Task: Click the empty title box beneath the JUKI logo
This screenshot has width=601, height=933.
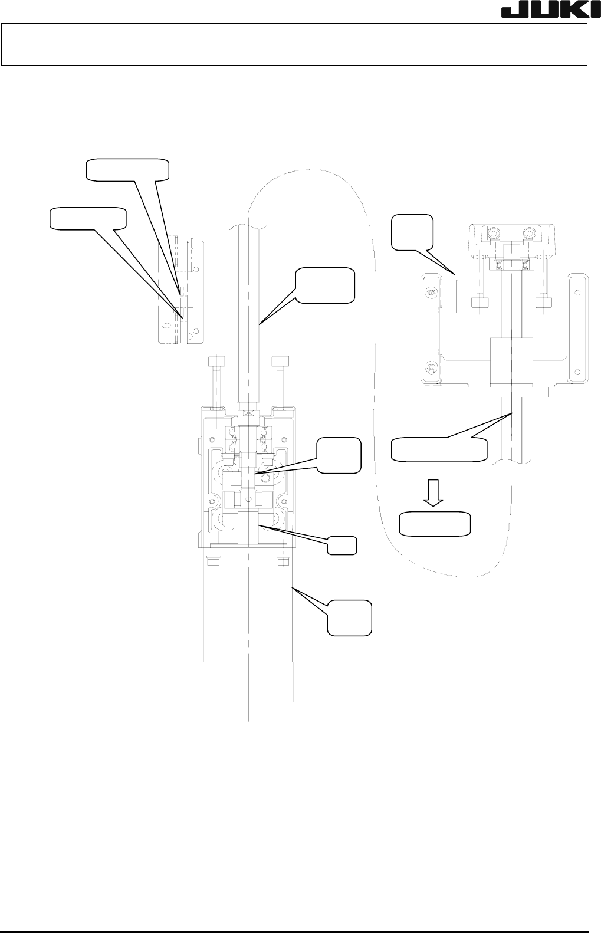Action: click(295, 44)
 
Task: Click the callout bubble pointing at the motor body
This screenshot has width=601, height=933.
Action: click(350, 618)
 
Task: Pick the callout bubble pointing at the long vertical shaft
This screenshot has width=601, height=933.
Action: click(326, 287)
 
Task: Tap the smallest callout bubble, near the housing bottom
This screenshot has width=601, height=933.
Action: click(342, 545)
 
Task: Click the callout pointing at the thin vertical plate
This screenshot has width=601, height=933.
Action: click(413, 231)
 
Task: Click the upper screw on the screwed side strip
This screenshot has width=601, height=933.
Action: click(431, 291)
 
